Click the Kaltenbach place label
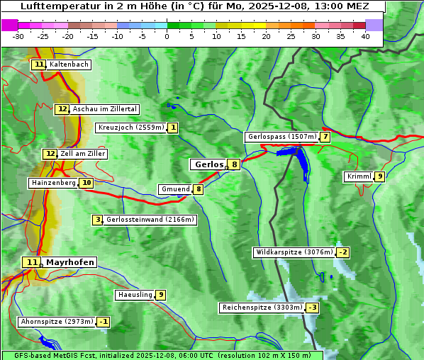69,64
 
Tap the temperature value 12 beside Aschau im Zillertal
62,109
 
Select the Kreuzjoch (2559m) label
131,128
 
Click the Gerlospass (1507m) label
281,137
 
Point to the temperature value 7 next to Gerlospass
325,137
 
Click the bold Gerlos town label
208,164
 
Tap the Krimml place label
359,176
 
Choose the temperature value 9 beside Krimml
380,176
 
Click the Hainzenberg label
53,183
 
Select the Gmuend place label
175,189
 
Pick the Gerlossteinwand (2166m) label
150,220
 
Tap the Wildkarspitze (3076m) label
294,252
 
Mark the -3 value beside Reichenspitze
312,308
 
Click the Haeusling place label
135,295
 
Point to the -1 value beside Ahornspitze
104,322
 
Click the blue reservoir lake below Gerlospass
301,162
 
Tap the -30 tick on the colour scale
18,36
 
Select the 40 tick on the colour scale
365,36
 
